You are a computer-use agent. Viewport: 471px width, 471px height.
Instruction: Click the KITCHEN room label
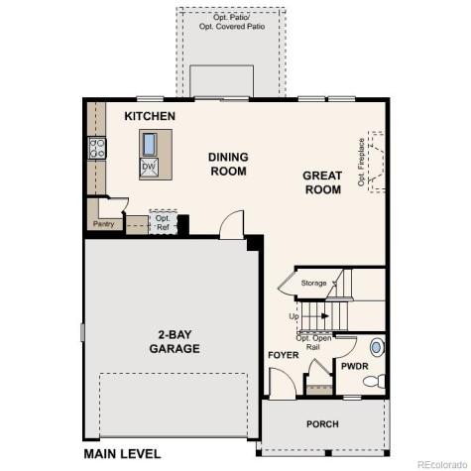[150, 117]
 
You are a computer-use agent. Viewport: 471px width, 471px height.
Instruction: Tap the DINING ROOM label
[228, 164]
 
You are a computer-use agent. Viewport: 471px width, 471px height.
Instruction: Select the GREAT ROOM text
[322, 183]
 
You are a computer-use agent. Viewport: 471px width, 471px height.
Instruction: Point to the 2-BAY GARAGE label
[174, 342]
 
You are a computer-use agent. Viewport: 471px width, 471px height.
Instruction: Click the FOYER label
[283, 355]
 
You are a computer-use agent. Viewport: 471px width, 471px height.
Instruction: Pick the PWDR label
[354, 366]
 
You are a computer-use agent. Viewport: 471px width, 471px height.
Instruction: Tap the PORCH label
[321, 424]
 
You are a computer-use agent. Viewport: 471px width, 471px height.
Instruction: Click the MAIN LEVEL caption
[123, 454]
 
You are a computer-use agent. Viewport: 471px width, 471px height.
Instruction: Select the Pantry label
[104, 224]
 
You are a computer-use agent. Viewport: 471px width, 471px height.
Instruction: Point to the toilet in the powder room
[376, 348]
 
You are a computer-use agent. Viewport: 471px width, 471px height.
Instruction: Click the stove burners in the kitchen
[98, 149]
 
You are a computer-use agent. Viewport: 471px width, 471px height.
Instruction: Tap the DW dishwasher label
[148, 166]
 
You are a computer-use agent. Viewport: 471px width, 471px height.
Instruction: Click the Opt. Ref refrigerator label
[163, 222]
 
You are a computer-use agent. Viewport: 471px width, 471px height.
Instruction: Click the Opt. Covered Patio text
[231, 21]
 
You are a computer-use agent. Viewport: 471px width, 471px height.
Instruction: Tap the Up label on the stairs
[294, 317]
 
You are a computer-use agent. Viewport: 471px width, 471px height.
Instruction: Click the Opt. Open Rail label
[312, 343]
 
